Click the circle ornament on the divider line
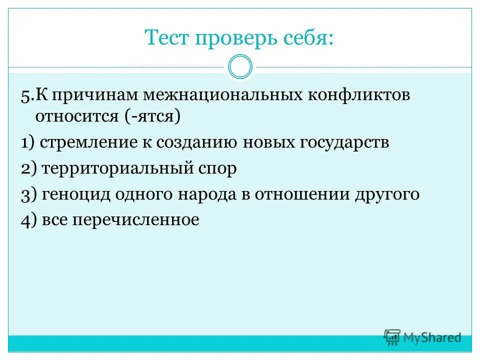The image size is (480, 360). (240, 67)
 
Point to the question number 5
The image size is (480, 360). (26, 96)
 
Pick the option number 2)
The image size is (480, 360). (29, 169)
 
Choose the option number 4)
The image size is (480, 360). (29, 220)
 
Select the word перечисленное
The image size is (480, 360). (136, 220)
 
